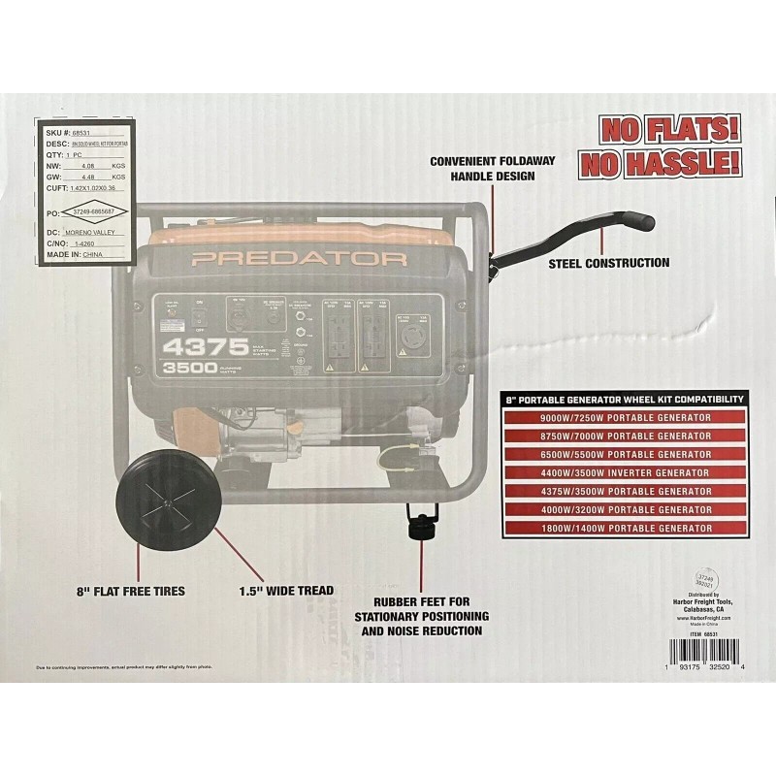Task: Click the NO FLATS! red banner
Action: (x=670, y=128)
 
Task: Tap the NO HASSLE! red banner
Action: (x=670, y=161)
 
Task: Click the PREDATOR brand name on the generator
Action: (x=298, y=259)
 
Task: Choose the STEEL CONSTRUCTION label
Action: (x=609, y=263)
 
